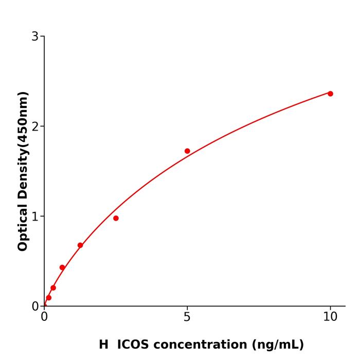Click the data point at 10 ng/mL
point(330,94)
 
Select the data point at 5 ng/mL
point(187,151)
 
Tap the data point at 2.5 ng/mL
point(116,218)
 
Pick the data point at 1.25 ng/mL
point(80,245)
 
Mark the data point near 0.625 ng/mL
point(62,267)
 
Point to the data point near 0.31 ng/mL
point(53,288)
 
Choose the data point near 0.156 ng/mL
point(48,298)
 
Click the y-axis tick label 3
point(35,37)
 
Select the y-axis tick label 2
point(35,127)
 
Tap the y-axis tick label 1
point(35,217)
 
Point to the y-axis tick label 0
point(35,307)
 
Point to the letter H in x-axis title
point(104,345)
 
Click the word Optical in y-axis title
point(23,226)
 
